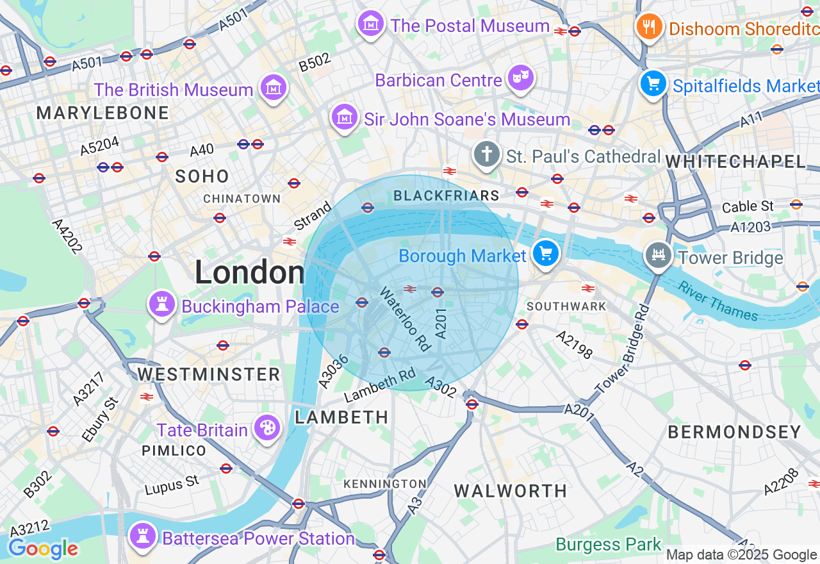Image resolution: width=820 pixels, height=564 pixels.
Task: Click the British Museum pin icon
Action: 274,87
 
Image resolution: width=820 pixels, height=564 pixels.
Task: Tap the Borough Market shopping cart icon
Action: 546,253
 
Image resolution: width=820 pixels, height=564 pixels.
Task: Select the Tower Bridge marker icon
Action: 658,256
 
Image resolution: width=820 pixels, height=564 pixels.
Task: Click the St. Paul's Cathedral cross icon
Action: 487,154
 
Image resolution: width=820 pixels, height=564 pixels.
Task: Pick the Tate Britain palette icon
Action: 266,427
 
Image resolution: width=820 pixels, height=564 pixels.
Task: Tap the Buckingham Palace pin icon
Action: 161,304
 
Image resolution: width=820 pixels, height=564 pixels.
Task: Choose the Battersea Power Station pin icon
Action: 142,536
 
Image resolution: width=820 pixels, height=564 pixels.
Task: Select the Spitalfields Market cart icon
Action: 653,84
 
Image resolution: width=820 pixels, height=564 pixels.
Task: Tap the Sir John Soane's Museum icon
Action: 344,117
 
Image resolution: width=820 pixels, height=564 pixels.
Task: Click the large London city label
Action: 249,272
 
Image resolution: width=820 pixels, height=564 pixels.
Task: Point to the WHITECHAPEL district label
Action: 735,162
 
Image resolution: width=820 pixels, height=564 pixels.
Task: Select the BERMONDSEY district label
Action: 734,432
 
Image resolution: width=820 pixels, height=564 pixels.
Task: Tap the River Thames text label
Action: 718,301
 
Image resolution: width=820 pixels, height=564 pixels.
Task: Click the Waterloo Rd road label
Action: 404,319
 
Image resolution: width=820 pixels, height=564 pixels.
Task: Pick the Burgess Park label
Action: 608,545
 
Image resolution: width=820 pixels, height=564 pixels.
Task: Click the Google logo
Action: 43,549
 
